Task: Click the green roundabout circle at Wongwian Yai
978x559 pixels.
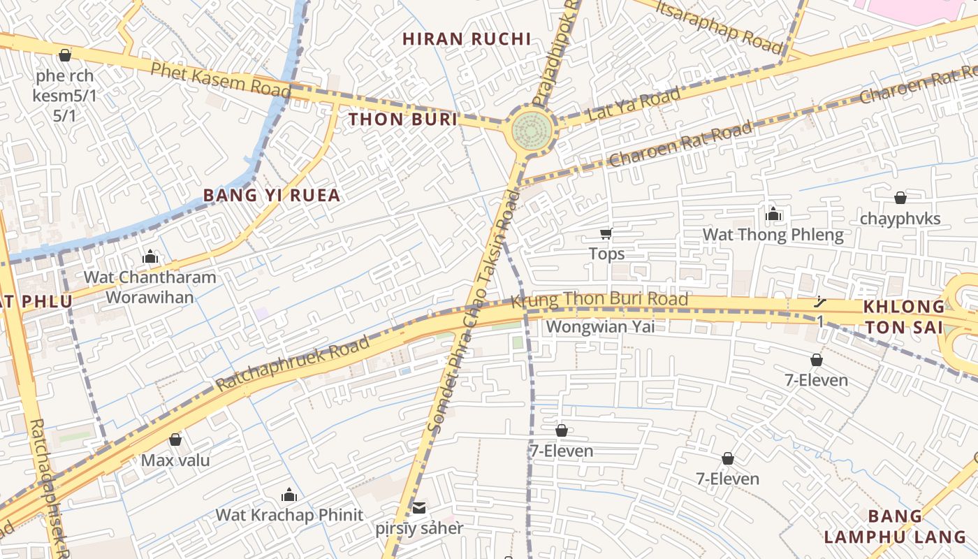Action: click(532, 129)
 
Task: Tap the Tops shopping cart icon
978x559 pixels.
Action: click(606, 234)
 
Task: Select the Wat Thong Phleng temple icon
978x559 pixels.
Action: click(773, 214)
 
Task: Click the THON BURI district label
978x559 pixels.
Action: click(403, 119)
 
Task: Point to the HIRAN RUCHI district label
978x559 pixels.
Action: click(467, 39)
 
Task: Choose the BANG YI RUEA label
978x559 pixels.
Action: click(272, 196)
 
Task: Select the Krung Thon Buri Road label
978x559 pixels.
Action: click(599, 300)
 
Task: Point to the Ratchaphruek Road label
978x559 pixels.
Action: click(292, 365)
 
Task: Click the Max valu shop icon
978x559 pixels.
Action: click(175, 440)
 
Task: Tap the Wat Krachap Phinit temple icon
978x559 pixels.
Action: click(289, 495)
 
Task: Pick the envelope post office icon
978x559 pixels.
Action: click(419, 507)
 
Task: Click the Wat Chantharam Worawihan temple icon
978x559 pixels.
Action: click(150, 256)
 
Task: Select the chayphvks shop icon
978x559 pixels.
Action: click(900, 198)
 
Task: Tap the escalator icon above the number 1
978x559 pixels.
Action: click(820, 303)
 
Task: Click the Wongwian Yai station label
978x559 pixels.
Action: click(600, 326)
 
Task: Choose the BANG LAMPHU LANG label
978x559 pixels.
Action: click(896, 527)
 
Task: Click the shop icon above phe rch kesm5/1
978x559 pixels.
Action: click(65, 55)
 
